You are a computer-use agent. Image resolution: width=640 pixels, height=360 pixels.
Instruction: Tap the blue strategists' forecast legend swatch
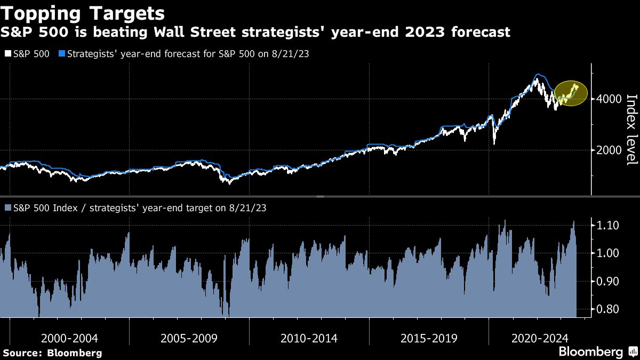pyautogui.click(x=61, y=53)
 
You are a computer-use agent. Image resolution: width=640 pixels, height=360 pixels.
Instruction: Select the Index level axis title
pyautogui.click(x=631, y=130)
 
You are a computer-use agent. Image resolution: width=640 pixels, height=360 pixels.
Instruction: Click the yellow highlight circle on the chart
pyautogui.click(x=571, y=94)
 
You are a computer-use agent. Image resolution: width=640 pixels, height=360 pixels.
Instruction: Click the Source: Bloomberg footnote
pyautogui.click(x=52, y=353)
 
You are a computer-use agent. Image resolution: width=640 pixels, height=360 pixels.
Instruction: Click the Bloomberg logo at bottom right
pyautogui.click(x=590, y=352)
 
